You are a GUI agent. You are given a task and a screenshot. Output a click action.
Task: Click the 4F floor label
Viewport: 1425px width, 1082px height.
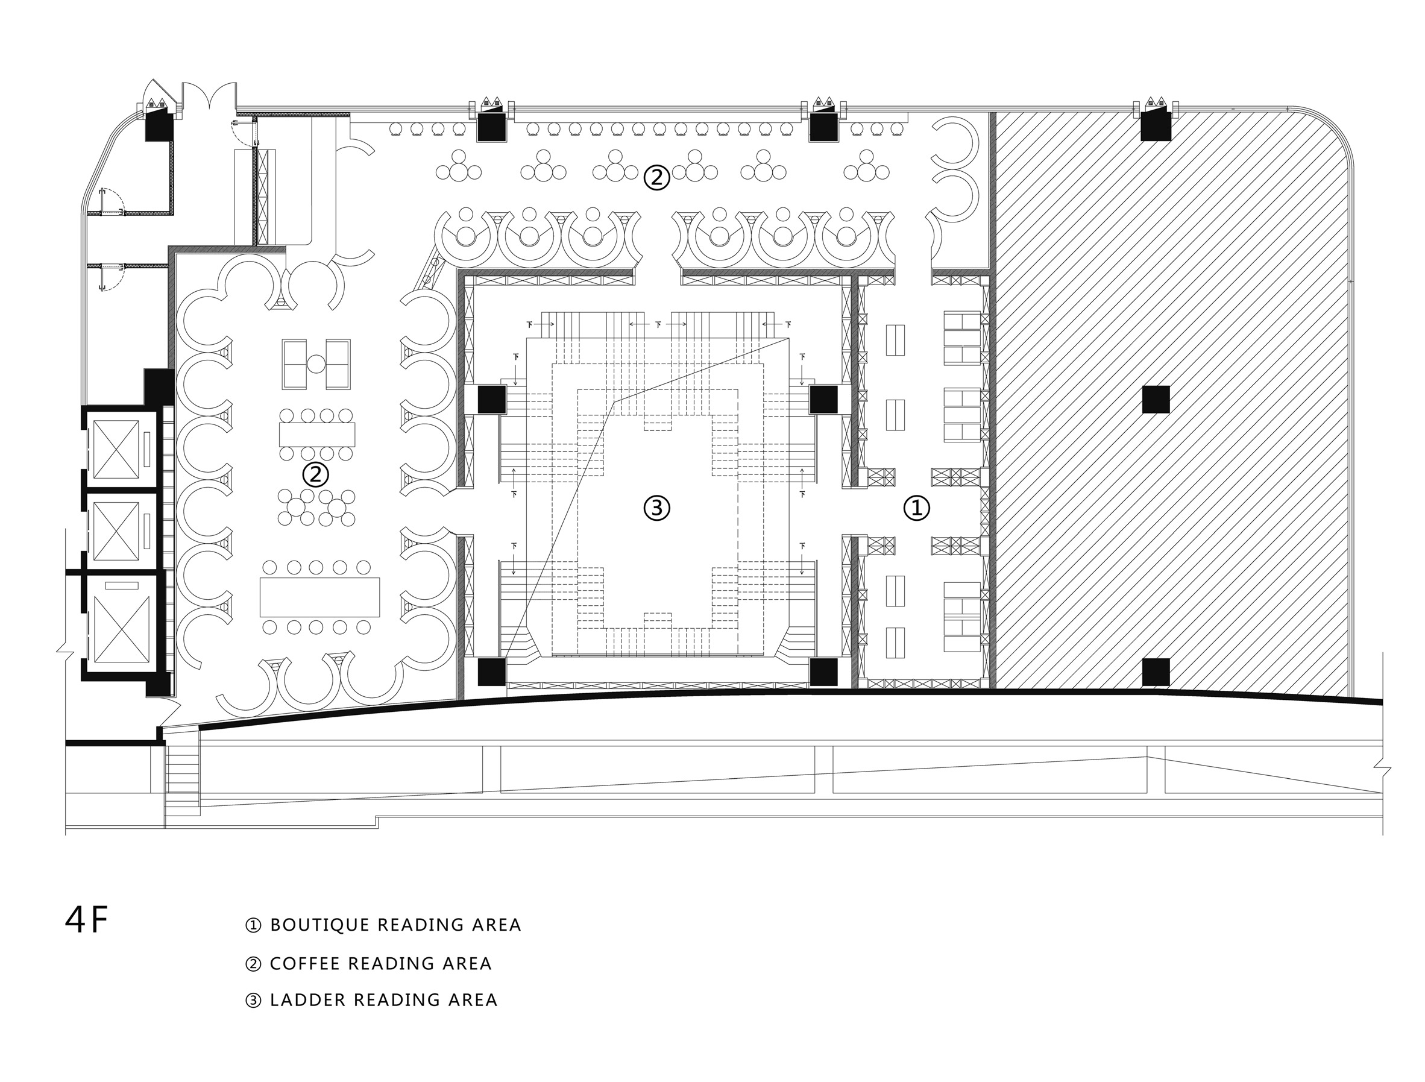tap(86, 921)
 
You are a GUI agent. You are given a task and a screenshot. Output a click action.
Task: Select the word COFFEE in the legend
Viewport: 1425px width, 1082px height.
tap(305, 963)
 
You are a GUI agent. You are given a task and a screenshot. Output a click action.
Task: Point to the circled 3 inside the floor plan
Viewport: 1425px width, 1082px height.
tap(656, 508)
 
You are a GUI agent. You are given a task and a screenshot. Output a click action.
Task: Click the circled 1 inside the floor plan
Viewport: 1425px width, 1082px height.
tap(916, 508)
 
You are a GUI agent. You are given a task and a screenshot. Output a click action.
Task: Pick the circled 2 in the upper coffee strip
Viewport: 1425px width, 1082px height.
tap(656, 177)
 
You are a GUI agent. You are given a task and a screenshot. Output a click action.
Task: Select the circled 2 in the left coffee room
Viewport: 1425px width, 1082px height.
tap(316, 474)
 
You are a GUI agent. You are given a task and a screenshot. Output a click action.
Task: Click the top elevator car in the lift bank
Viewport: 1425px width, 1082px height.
tap(116, 450)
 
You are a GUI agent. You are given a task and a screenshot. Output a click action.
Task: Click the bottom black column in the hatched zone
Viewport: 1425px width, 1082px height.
tap(1156, 672)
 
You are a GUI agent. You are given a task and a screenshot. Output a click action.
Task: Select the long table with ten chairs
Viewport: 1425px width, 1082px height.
tap(319, 597)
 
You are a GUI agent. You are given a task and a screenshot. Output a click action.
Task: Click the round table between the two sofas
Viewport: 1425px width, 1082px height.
tap(316, 364)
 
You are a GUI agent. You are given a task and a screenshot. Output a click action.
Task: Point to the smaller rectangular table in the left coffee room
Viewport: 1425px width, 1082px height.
tap(317, 434)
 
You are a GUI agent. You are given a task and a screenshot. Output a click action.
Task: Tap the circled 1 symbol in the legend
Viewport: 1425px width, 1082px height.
tap(253, 925)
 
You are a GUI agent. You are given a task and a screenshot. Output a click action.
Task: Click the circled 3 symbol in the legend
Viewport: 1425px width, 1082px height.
tap(253, 1000)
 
